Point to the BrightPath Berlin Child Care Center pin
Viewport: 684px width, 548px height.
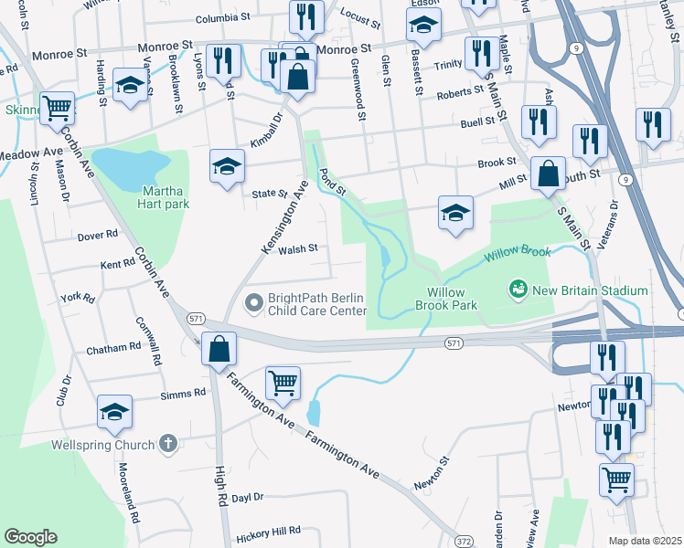click(x=253, y=300)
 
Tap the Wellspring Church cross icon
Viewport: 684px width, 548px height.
click(x=166, y=444)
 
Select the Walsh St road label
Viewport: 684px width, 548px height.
click(x=298, y=248)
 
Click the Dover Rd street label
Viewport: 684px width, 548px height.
click(x=98, y=235)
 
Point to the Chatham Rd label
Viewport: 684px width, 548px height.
click(x=113, y=348)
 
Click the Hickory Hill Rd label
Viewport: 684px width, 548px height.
click(x=268, y=531)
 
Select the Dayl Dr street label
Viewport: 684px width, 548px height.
click(x=247, y=498)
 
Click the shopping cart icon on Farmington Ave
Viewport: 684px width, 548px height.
click(x=283, y=384)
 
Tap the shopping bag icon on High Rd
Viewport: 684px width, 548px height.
click(x=219, y=349)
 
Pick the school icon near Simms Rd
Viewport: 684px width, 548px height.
click(x=115, y=412)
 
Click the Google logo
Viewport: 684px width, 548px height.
click(x=30, y=537)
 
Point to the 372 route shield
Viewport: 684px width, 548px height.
click(x=465, y=542)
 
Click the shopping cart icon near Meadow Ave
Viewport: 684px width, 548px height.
click(x=57, y=108)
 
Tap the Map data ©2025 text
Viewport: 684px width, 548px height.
click(x=644, y=541)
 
